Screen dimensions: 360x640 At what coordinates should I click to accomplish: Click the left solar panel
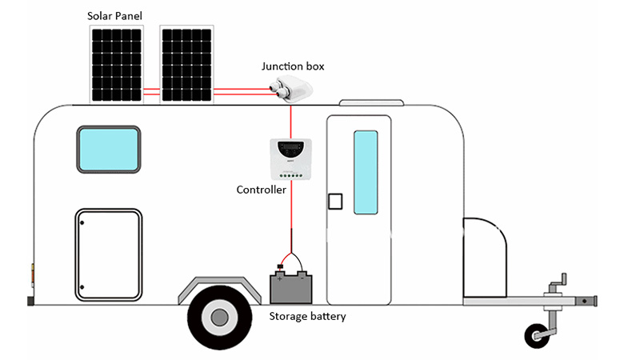click(x=117, y=64)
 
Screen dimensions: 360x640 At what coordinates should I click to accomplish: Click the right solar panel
click(x=187, y=64)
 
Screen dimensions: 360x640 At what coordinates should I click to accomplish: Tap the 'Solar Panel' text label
click(x=116, y=15)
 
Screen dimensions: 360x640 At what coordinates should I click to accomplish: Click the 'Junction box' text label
click(x=294, y=66)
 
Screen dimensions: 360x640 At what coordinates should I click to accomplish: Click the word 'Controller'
click(x=261, y=190)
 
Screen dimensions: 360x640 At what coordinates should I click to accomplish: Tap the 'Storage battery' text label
click(x=307, y=317)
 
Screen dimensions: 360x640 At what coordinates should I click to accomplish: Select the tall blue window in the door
click(x=366, y=172)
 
